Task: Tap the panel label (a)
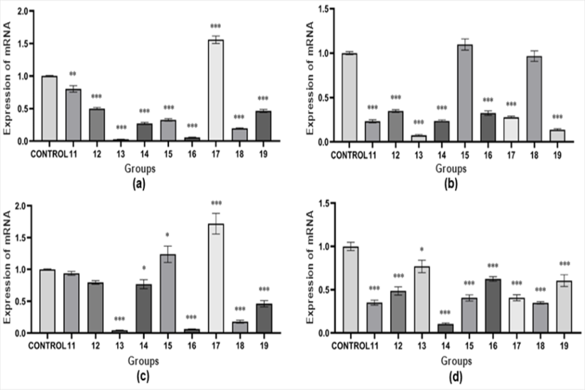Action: point(137,184)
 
